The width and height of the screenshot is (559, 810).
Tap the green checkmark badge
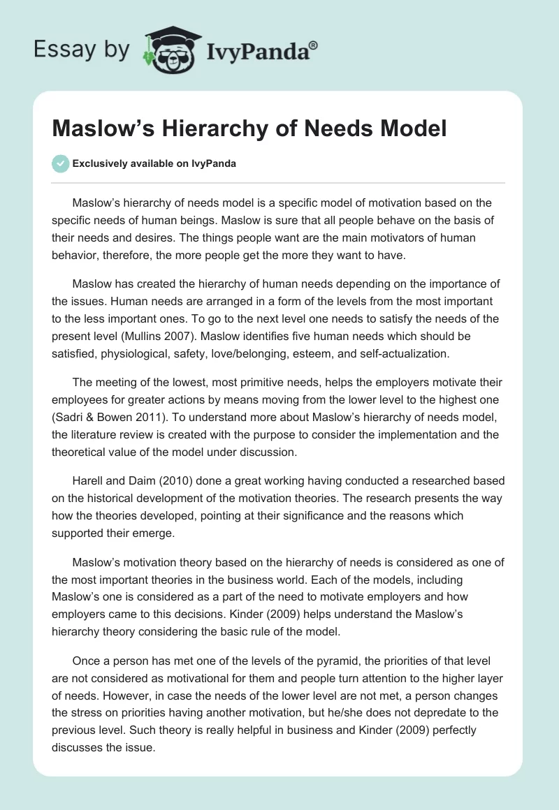point(60,163)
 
